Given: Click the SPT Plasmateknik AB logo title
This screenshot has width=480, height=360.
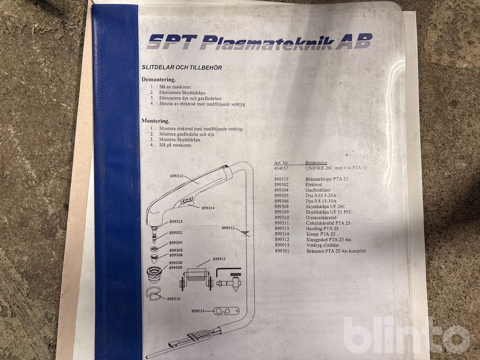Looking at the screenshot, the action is (x=259, y=41).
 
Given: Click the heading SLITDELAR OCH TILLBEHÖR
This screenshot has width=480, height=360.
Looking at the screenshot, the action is (x=181, y=67).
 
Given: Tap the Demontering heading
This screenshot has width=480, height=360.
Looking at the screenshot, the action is (x=158, y=79).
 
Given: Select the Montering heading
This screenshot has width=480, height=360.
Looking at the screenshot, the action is (x=155, y=121).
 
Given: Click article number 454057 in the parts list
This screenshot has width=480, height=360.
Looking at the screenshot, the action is (x=281, y=168).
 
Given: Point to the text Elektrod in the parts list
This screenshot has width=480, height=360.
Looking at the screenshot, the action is (x=313, y=184).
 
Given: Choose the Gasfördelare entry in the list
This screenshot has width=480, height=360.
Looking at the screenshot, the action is (x=318, y=190).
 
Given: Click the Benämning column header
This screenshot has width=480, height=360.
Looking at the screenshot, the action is (x=316, y=162).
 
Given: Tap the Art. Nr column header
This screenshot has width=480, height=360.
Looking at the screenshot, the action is (x=281, y=163).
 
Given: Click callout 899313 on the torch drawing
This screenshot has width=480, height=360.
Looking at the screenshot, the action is (x=176, y=176).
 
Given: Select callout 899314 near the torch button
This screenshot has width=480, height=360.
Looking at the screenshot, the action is (x=208, y=208).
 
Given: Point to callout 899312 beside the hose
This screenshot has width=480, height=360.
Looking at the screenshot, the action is (x=228, y=228).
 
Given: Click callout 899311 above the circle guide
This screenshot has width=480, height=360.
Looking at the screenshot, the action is (x=219, y=259).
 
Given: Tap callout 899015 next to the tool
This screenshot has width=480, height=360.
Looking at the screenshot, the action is (x=198, y=311).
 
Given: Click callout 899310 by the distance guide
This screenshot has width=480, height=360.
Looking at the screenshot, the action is (x=173, y=299).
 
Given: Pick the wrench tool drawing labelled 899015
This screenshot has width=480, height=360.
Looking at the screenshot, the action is (x=226, y=311).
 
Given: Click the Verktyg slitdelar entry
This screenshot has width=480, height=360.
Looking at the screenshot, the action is (x=322, y=245).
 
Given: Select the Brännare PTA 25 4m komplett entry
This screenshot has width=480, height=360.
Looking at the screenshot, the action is (x=336, y=251).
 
